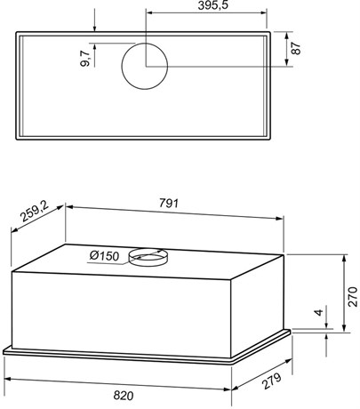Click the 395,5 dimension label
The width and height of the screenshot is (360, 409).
coord(213,5)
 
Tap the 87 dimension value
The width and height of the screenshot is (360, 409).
coord(296,48)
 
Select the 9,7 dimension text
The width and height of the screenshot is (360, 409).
coord(84,59)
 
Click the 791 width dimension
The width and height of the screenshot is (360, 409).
coord(169,204)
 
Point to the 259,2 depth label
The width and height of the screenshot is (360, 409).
coord(34,213)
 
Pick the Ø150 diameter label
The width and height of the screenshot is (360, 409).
coord(104,255)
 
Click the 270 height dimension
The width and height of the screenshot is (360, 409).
coord(353,296)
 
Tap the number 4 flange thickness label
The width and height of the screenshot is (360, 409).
coord(318,312)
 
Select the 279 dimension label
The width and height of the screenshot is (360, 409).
coord(271,381)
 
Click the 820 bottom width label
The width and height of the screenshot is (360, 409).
coord(124,396)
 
